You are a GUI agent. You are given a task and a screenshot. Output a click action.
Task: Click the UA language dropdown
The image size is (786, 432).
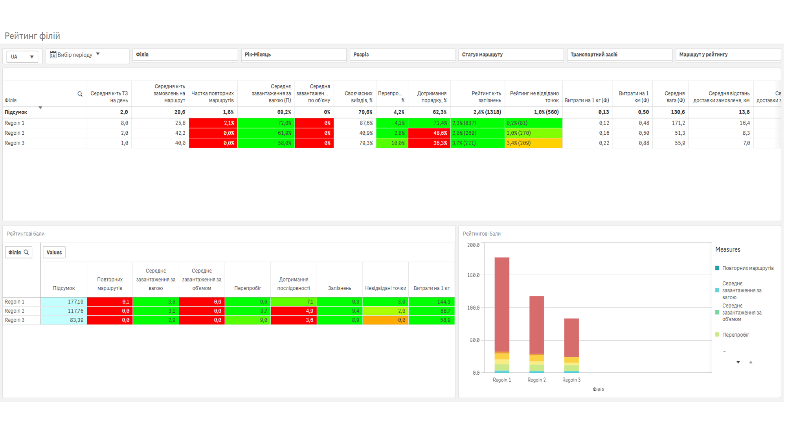(22, 57)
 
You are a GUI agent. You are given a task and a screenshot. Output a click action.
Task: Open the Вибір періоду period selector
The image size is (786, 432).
(75, 55)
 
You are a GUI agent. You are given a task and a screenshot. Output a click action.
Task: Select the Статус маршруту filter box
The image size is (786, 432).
(511, 55)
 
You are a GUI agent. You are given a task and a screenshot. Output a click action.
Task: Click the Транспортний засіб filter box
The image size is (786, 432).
(619, 55)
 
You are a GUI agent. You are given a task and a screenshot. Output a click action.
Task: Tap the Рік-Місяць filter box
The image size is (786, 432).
(294, 55)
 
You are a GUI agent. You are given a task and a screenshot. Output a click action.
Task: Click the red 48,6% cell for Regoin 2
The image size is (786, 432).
(429, 133)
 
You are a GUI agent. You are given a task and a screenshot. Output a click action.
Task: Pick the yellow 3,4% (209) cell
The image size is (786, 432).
(534, 143)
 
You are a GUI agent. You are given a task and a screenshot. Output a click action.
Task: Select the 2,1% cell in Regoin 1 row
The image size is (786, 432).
(213, 123)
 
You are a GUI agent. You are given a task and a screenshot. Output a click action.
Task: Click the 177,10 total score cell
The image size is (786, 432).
(64, 302)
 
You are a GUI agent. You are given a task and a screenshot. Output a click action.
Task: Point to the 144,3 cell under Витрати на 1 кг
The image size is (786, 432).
(432, 302)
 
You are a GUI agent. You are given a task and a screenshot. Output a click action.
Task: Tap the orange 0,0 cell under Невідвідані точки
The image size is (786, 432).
(386, 320)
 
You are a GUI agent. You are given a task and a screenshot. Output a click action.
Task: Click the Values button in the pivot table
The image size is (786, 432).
(54, 253)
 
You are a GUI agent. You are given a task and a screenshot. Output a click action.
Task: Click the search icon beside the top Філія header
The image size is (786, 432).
(80, 94)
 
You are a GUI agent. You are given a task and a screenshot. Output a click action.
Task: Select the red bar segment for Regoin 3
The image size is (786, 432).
(571, 338)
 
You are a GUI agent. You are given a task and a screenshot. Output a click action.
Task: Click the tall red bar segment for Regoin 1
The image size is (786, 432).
(502, 304)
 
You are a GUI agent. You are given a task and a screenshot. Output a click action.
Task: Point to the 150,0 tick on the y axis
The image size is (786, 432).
(473, 275)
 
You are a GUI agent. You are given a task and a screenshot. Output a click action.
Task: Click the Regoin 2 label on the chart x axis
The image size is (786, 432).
(536, 380)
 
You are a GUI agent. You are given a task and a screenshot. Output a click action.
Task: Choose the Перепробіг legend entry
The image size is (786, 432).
(733, 335)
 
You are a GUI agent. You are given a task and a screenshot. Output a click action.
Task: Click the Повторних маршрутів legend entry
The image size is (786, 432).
(744, 268)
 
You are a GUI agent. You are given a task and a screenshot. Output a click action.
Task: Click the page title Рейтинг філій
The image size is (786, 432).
(32, 36)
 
